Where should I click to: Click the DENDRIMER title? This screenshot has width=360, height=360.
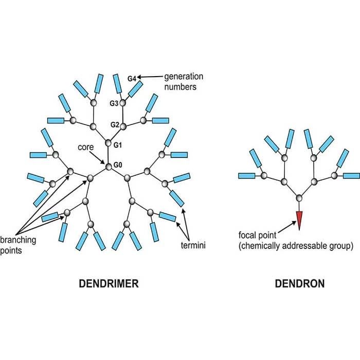(109, 284)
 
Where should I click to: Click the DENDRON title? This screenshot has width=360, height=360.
(299, 284)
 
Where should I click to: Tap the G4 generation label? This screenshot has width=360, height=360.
(132, 79)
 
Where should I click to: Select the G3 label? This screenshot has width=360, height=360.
(114, 103)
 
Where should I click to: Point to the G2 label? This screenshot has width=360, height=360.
(115, 125)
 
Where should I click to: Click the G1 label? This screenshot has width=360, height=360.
(118, 146)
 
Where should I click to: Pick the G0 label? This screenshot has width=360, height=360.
(119, 166)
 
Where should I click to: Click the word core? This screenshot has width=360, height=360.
(85, 148)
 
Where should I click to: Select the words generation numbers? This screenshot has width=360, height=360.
(184, 82)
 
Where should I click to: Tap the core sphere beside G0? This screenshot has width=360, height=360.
(109, 166)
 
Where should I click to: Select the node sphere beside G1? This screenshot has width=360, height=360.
(108, 143)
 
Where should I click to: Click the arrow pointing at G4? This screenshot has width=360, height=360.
(150, 78)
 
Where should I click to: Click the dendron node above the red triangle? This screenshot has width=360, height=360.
(299, 197)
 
